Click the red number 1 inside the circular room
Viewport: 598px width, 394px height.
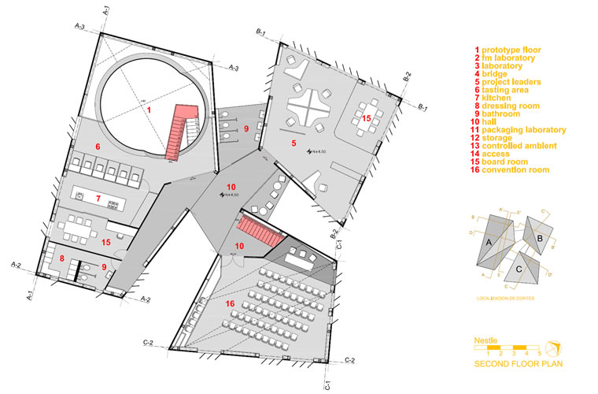point(148,110)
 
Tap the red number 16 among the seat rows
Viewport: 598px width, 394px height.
point(230,303)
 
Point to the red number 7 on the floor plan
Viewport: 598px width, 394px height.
point(98,198)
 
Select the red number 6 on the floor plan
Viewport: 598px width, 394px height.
point(98,147)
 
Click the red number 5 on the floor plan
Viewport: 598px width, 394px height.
point(293,143)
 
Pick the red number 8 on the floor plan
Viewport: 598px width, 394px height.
point(61,257)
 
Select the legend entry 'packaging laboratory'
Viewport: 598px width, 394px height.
point(519,130)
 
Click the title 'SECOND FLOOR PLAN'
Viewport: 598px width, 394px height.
point(517,364)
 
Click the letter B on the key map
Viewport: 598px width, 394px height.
point(540,237)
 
